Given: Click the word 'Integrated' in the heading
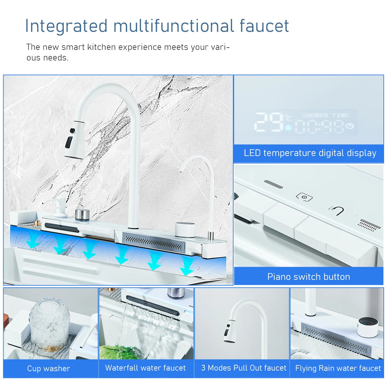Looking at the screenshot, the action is pyautogui.click(x=66, y=26).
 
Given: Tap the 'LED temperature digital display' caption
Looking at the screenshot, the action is pyautogui.click(x=310, y=153).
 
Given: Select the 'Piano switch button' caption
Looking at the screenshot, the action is pyautogui.click(x=308, y=277).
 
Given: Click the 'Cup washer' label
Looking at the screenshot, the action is pyautogui.click(x=49, y=369).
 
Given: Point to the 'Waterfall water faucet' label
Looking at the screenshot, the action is pyautogui.click(x=145, y=368).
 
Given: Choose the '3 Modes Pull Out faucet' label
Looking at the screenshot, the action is pyautogui.click(x=244, y=368).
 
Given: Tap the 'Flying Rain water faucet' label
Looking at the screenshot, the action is pyautogui.click(x=338, y=368).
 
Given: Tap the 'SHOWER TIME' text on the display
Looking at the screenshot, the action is pyautogui.click(x=326, y=115).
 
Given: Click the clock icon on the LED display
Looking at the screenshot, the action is pyautogui.click(x=350, y=126).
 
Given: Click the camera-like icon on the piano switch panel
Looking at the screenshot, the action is pyautogui.click(x=304, y=197).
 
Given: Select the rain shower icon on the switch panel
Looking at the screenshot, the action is pyautogui.click(x=369, y=225).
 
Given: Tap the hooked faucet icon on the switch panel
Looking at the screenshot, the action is pyautogui.click(x=336, y=210).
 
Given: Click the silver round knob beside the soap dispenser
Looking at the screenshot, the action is pyautogui.click(x=82, y=215).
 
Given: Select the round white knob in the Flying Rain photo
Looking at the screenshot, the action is pyautogui.click(x=368, y=327).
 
